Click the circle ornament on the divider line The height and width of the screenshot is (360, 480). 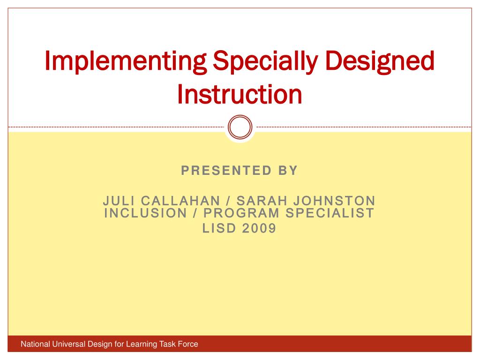[240, 127]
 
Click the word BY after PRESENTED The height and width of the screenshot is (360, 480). [287, 171]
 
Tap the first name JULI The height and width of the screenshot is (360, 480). [119, 201]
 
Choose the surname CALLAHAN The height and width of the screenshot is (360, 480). [180, 201]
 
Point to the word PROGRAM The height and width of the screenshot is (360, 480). [242, 213]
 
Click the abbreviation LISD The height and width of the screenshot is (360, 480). [219, 228]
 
